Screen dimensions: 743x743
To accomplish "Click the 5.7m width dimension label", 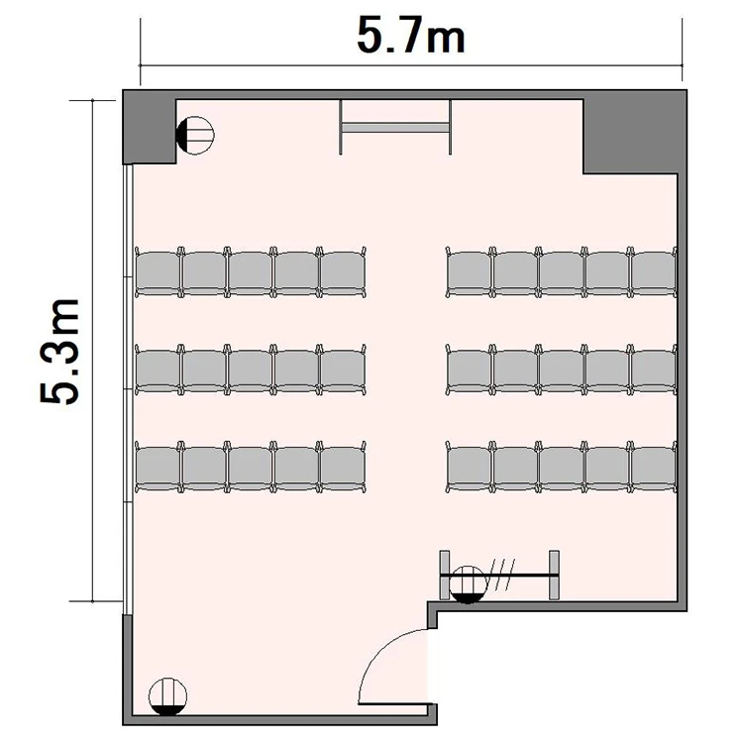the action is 411,36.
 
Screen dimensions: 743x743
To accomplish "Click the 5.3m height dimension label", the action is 59,351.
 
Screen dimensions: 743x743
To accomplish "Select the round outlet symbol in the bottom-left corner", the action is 167,696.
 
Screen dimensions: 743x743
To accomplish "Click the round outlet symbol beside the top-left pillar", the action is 195,135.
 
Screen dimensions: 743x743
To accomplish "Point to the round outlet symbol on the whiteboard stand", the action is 468,584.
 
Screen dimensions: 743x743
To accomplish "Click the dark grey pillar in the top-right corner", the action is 635,132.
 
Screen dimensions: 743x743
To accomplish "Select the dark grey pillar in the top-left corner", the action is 150,127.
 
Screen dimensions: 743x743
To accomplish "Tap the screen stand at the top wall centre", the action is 395,127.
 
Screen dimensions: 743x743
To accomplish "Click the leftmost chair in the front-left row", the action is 158,272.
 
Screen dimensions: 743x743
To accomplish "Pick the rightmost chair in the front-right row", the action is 654,272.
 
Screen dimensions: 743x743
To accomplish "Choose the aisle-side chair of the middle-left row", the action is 343,370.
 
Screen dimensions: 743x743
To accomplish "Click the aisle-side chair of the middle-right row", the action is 470,370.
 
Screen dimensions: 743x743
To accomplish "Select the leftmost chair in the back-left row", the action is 158,468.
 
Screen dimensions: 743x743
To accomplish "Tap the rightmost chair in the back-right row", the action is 654,468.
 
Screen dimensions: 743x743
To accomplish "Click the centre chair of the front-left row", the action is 251,272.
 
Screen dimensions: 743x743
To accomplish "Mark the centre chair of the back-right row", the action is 562,468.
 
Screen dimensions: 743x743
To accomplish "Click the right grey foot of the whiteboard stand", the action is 554,575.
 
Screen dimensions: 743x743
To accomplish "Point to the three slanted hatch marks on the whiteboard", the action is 502,575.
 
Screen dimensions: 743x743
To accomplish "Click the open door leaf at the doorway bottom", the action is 393,703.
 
